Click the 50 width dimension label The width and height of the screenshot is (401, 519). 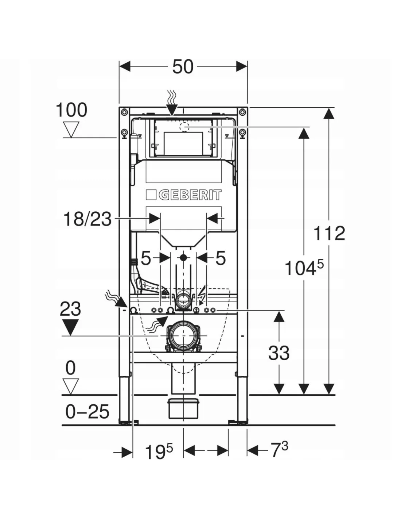183,67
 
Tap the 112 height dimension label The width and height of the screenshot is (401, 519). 329,233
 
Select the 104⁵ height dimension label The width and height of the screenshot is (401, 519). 304,268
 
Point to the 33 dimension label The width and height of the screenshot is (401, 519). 279,353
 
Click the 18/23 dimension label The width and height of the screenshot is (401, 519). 87,219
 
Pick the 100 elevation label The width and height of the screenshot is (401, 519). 71,110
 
